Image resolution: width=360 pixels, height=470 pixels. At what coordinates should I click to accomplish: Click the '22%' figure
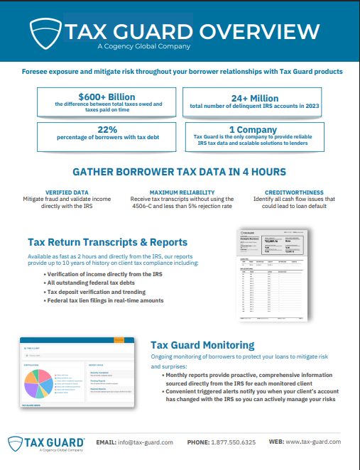107,130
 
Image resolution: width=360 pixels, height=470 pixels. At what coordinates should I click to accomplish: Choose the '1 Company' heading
255,130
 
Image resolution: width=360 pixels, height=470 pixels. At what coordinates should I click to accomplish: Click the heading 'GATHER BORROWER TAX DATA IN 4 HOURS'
180,172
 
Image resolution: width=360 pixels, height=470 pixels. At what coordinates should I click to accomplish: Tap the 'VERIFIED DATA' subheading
67,192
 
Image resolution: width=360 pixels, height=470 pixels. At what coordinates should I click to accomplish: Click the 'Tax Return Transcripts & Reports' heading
107,242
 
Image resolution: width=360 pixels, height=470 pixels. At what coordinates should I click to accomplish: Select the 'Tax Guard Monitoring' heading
202,345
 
